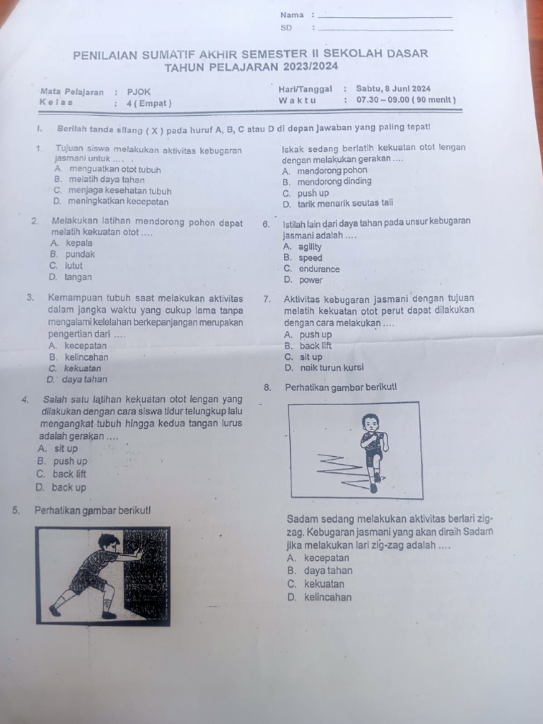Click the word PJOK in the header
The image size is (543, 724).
click(x=139, y=91)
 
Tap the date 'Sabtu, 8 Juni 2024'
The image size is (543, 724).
click(x=393, y=89)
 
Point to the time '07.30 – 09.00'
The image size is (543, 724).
click(x=381, y=100)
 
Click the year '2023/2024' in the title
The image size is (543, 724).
click(x=312, y=66)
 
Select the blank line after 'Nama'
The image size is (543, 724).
click(x=385, y=16)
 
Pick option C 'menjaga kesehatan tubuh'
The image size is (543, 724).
click(x=112, y=191)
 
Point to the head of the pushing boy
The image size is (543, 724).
click(x=109, y=542)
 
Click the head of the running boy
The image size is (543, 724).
click(x=370, y=423)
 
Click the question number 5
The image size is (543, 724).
click(x=16, y=510)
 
